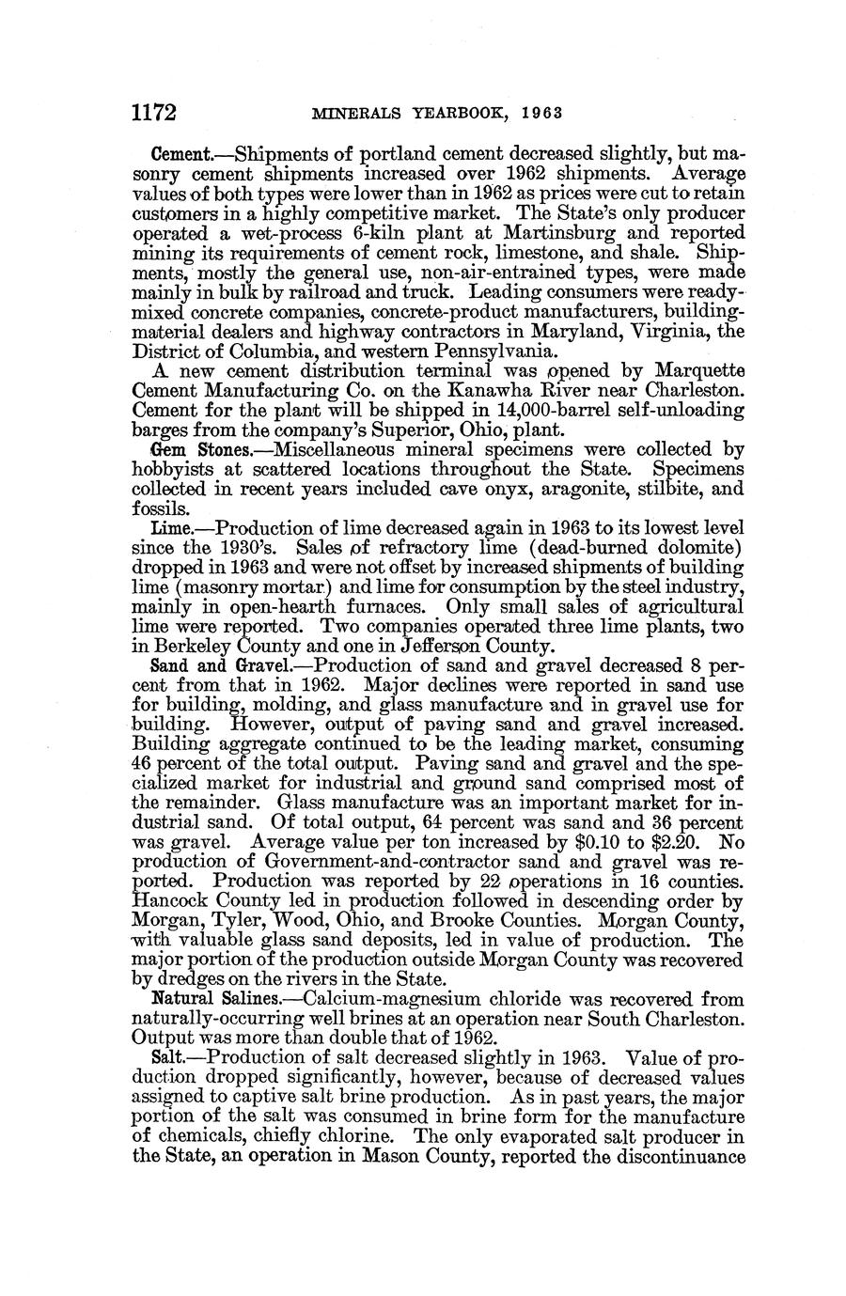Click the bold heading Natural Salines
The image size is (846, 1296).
[x=200, y=999]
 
